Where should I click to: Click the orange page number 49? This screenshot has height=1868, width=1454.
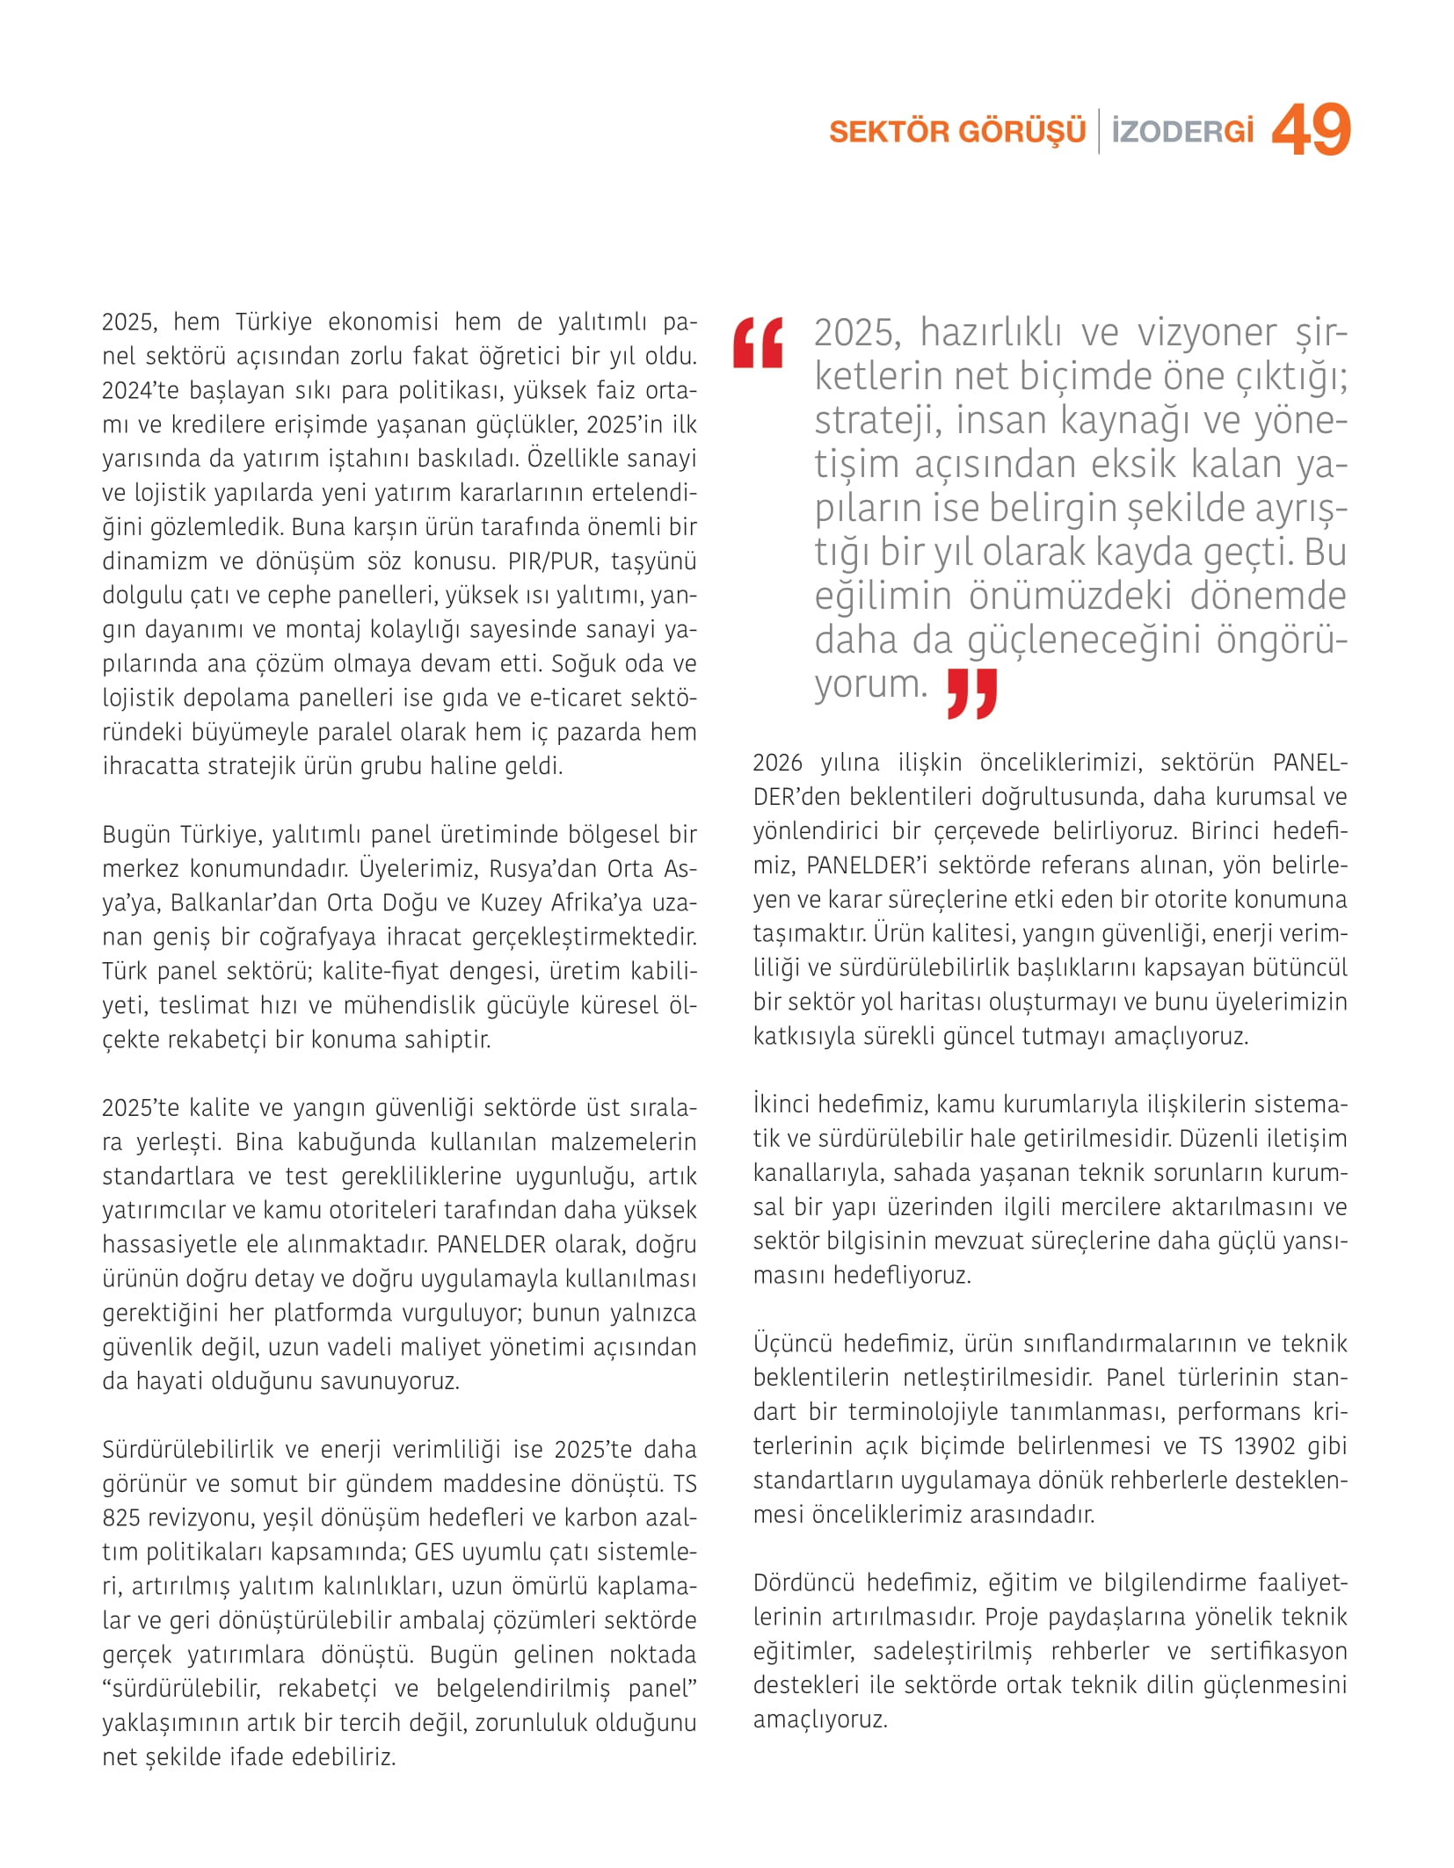click(1310, 130)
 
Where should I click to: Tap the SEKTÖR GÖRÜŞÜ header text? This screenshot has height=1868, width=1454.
click(957, 132)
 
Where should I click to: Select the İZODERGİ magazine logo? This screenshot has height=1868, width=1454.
click(1181, 132)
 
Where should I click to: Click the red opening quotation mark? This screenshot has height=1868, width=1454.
click(758, 343)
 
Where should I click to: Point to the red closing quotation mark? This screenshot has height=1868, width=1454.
click(972, 693)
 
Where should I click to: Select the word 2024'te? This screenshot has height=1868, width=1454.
click(140, 391)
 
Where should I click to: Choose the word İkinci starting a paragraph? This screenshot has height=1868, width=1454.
click(789, 1104)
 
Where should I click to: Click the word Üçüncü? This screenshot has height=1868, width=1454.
click(792, 1343)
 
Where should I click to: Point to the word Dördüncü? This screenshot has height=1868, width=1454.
click(803, 1582)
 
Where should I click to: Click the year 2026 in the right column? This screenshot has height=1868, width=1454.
click(777, 763)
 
